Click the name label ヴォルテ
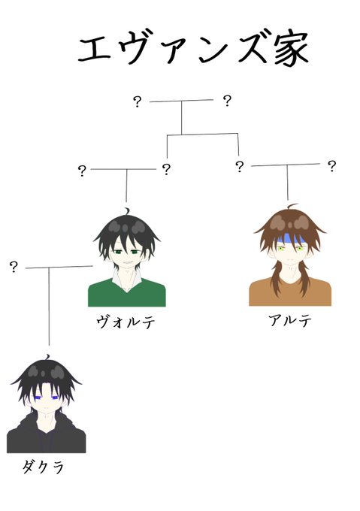pyautogui.click(x=126, y=322)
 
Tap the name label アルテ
pyautogui.click(x=290, y=320)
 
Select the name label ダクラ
pyautogui.click(x=44, y=467)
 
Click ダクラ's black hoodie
pyautogui.click(x=46, y=437)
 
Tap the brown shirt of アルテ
pyautogui.click(x=290, y=292)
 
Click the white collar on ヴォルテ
pyautogui.click(x=127, y=280)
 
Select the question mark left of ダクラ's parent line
pyautogui.click(x=14, y=267)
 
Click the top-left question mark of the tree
pyautogui.click(x=138, y=101)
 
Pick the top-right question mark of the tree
pyautogui.click(x=227, y=101)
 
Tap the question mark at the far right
pyautogui.click(x=331, y=166)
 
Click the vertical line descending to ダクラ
pyautogui.click(x=49, y=307)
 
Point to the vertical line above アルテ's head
pyautogui.click(x=287, y=183)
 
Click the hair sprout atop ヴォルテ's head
pyautogui.click(x=127, y=211)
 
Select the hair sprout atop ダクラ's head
pyautogui.click(x=48, y=357)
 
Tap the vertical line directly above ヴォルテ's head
pyautogui.click(x=126, y=186)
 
